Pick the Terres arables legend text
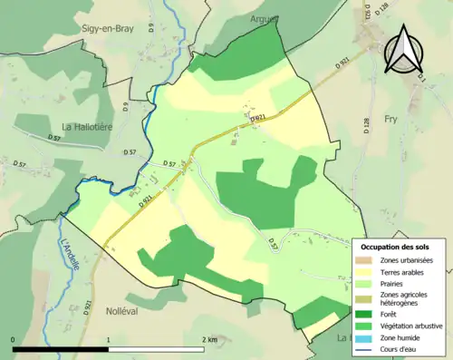coord(404,272)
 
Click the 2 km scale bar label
coord(209,340)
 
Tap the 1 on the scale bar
coord(110,340)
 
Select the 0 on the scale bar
coord(14,340)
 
